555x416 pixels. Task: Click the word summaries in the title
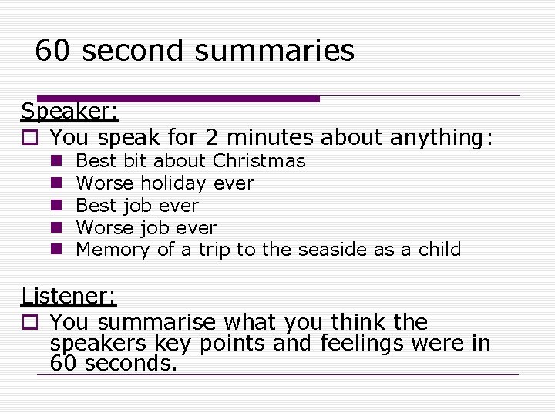point(274,52)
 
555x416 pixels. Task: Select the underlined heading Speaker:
point(70,112)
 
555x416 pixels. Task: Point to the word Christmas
point(259,161)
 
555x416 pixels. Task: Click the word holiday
point(173,183)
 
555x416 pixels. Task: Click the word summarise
point(159,322)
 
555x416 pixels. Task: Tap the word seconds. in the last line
point(131,363)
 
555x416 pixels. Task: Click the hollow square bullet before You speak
point(29,139)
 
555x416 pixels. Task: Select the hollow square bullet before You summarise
point(29,323)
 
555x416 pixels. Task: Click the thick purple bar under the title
point(192,99)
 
